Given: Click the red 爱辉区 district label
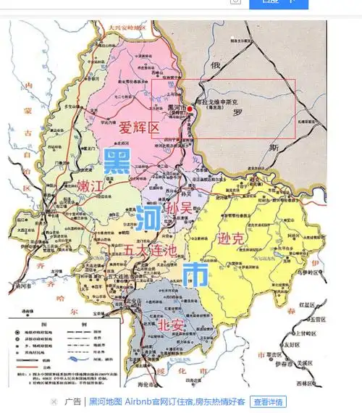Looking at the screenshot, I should pos(139,128).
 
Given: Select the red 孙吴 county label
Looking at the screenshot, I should pos(180,207).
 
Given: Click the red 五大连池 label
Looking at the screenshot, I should pos(150,249).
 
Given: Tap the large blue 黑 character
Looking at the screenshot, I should pos(117,162).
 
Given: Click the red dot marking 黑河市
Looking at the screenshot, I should pos(190,109).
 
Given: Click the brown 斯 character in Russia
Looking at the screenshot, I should pos(273,147).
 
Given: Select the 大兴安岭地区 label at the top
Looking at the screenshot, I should pos(127,27).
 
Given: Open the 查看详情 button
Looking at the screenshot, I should pos(267,401).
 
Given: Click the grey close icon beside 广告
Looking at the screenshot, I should pos(54,401).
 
